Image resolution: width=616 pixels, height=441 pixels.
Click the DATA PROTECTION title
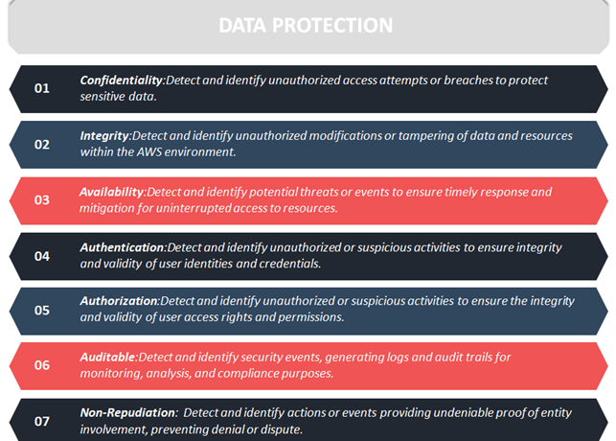(306, 26)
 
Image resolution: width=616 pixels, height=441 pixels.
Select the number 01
(42, 88)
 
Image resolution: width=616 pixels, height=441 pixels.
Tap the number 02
(42, 145)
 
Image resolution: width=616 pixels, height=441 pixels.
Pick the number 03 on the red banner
(42, 200)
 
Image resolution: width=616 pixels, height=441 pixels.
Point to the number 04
(42, 256)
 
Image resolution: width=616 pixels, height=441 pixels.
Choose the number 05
(42, 311)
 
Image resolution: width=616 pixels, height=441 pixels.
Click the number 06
(42, 365)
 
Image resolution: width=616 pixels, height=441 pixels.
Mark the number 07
(42, 422)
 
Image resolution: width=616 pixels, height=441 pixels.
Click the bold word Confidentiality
(122, 81)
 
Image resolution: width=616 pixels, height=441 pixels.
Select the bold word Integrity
(104, 136)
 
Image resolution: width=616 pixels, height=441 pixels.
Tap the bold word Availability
(112, 192)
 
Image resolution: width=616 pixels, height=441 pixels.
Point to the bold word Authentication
(123, 247)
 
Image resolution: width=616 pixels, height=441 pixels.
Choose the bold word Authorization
(119, 301)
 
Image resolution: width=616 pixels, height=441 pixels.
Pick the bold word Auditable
(108, 358)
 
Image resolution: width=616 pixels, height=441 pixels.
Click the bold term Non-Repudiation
(127, 412)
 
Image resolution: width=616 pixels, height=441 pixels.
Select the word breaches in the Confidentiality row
(468, 81)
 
